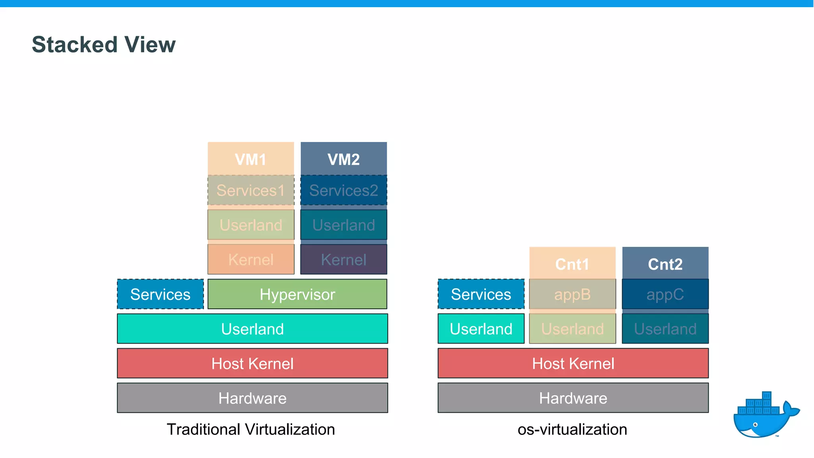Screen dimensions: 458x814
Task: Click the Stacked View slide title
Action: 104,45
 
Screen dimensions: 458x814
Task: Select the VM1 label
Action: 250,159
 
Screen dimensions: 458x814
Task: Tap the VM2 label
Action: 343,159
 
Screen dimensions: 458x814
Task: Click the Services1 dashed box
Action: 251,190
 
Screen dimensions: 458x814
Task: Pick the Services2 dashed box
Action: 343,190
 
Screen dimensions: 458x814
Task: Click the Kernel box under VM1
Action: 251,260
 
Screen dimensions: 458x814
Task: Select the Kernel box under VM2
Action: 343,260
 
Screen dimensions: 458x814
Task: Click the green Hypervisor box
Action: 297,294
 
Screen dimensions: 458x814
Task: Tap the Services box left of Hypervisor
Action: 160,294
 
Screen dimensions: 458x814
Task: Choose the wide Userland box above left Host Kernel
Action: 252,329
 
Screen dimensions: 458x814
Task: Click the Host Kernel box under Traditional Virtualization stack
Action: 252,363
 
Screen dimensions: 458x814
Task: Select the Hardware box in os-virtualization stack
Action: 573,398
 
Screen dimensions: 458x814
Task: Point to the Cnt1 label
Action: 572,264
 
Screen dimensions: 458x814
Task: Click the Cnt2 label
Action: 665,264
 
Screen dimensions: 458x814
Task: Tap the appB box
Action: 572,295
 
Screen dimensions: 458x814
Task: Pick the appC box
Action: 665,295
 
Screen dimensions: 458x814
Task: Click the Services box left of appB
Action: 481,294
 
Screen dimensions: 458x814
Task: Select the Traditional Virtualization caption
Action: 251,429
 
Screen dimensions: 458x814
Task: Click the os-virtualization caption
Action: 572,429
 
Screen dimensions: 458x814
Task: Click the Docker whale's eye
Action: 756,425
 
